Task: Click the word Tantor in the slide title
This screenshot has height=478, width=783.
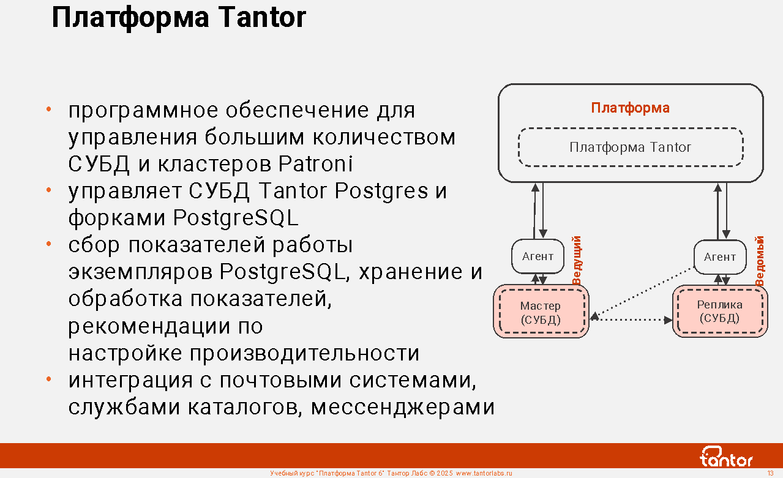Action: tap(262, 17)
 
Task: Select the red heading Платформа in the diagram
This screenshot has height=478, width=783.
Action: tap(630, 108)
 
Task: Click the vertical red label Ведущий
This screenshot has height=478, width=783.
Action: tap(577, 260)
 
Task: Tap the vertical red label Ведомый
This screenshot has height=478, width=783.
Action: tap(760, 261)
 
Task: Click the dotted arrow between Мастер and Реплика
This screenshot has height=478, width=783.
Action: tap(631, 319)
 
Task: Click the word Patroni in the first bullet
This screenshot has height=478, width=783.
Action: tap(315, 163)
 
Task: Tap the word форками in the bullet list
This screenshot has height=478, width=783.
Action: tap(117, 218)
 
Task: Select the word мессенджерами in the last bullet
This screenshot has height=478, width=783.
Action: tap(403, 408)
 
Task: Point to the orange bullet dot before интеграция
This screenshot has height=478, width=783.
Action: tap(48, 379)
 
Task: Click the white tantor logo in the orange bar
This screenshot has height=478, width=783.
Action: tap(726, 457)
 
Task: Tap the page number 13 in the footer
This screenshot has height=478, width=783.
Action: tap(770, 474)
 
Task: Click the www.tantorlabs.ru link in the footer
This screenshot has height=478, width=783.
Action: tap(484, 474)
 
